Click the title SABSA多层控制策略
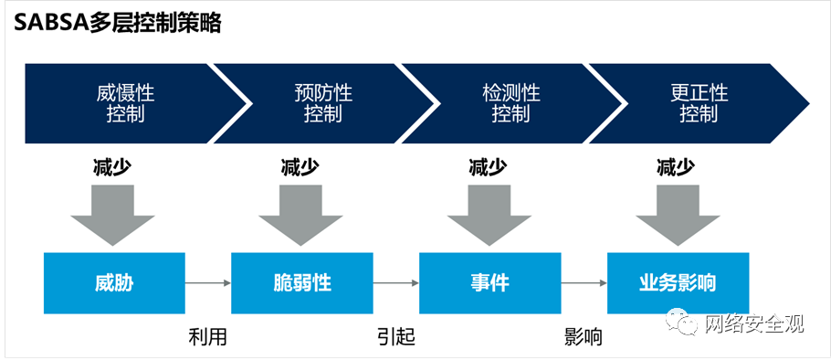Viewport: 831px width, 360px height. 117,24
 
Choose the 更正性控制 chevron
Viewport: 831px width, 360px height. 699,103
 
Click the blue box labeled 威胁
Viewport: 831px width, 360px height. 114,283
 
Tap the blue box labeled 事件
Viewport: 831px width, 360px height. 489,283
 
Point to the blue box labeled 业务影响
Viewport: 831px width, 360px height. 678,283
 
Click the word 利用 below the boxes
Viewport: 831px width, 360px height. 207,337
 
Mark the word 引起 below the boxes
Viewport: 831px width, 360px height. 395,337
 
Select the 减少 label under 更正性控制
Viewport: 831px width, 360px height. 677,167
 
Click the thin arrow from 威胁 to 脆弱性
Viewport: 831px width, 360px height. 208,283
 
